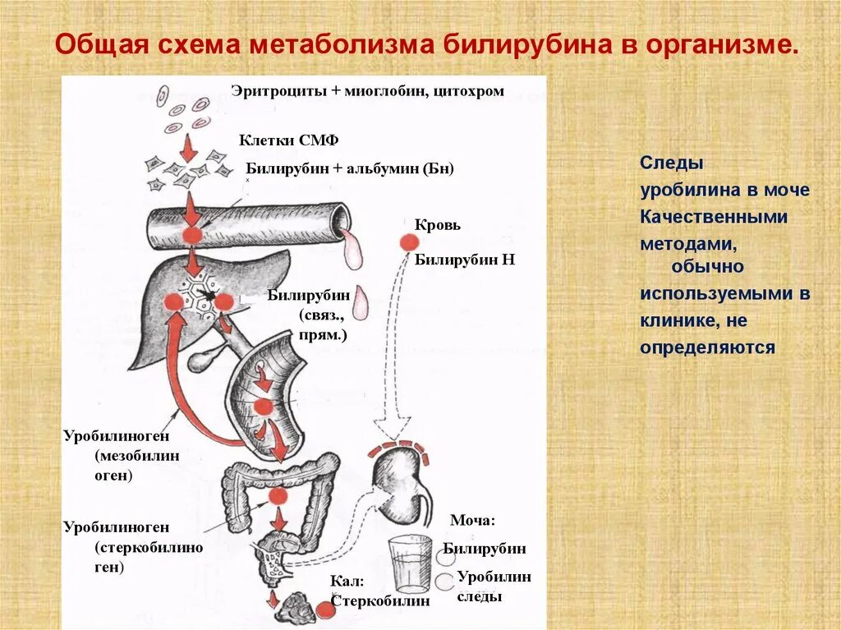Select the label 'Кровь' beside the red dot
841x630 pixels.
(x=438, y=224)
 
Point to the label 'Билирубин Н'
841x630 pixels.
(x=464, y=260)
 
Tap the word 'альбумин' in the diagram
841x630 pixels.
(x=378, y=168)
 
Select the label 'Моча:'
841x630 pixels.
(x=472, y=520)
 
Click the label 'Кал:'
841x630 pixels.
(x=347, y=581)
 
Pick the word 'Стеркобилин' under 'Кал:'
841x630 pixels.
(x=380, y=600)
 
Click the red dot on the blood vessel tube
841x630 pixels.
(x=192, y=234)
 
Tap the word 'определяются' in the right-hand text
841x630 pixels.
(x=707, y=347)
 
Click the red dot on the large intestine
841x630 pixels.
(x=277, y=496)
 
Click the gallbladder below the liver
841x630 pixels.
(x=203, y=358)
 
